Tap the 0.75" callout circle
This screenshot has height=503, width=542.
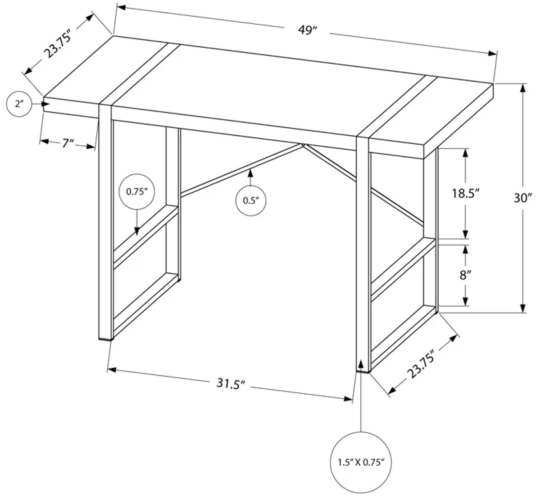point(137,192)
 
